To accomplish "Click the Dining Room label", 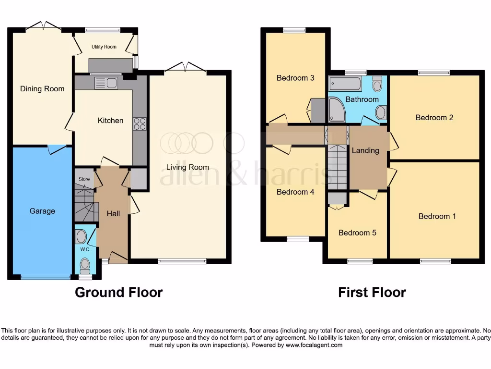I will click(x=42, y=89).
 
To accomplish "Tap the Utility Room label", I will click(x=104, y=47).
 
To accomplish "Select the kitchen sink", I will click(x=106, y=83).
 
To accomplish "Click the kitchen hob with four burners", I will click(x=140, y=124).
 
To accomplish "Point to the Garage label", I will click(x=42, y=211).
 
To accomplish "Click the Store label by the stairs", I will click(x=84, y=179).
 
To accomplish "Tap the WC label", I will click(x=84, y=249).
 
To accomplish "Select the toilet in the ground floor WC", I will click(x=85, y=264).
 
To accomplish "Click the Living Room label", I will click(x=187, y=167).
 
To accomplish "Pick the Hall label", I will click(x=113, y=213).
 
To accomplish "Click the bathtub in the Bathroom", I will click(x=345, y=84).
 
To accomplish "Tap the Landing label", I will click(x=365, y=150).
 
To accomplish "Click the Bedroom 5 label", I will click(x=357, y=233).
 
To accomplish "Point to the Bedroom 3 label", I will click(x=296, y=78).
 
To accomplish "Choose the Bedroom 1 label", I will click(x=437, y=216).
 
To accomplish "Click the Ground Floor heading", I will click(x=118, y=292).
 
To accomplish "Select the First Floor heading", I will click(x=372, y=292).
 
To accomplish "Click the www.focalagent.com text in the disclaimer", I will click(x=314, y=345).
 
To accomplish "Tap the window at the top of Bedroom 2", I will click(x=433, y=73).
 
